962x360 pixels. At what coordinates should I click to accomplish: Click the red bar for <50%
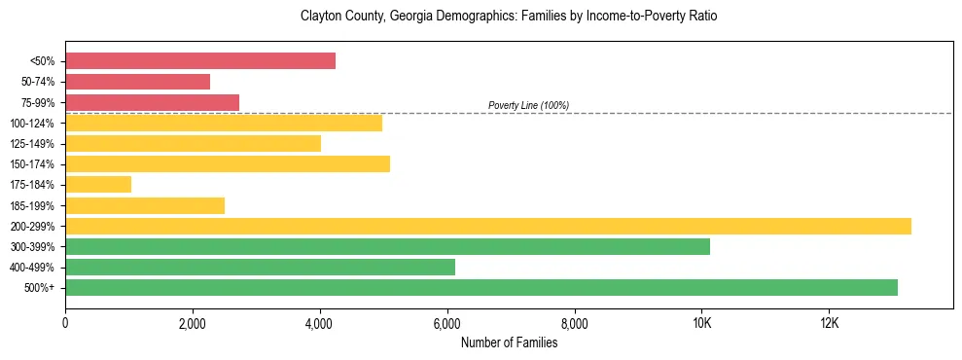(200, 61)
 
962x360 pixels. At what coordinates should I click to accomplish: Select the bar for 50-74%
(137, 82)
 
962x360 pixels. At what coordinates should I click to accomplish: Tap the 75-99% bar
(152, 102)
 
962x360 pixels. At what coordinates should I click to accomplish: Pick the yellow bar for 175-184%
(98, 185)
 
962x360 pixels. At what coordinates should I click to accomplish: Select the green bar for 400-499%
(260, 268)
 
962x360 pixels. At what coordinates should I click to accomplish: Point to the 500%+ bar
(481, 288)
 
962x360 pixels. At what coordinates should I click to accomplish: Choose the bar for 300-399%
(387, 246)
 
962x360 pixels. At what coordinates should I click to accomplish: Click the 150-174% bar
(228, 164)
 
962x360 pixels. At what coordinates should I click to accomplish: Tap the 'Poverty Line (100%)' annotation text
(528, 105)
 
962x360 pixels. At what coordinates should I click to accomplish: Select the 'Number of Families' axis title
(509, 342)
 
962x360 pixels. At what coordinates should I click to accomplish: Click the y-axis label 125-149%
(32, 144)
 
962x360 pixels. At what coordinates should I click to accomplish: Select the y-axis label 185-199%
(32, 205)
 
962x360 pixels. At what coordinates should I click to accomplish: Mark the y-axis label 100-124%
(32, 124)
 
